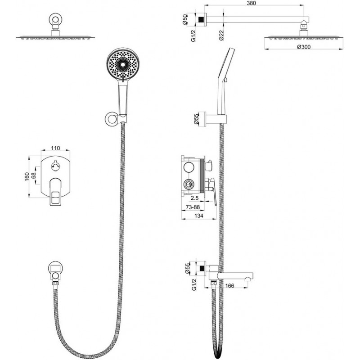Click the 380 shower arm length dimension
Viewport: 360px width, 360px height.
click(x=252, y=3)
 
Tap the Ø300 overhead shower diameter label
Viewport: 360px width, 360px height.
click(x=303, y=47)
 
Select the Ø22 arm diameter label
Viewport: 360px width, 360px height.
click(x=221, y=35)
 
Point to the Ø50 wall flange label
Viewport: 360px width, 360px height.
click(x=185, y=19)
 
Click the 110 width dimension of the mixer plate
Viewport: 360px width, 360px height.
click(x=55, y=148)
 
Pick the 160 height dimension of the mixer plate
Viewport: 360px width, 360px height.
click(x=27, y=176)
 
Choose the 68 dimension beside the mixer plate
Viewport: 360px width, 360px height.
click(x=33, y=175)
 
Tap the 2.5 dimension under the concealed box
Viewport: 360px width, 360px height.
click(x=194, y=198)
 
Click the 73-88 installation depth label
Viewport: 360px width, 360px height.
click(x=193, y=207)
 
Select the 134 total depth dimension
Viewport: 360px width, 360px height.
click(x=198, y=216)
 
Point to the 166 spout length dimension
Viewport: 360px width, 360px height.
click(x=229, y=286)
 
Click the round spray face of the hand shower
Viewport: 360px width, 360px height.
click(x=123, y=64)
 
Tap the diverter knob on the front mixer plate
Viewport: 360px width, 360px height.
click(x=55, y=166)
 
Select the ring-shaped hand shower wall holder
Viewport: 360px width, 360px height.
click(x=112, y=119)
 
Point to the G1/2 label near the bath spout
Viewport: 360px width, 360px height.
click(x=194, y=284)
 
